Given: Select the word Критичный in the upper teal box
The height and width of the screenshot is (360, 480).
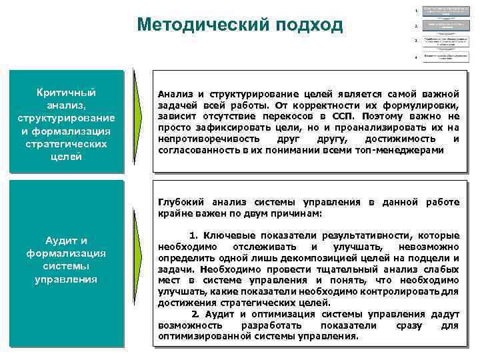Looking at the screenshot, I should point(67,91).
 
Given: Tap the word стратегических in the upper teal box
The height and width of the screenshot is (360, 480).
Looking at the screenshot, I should point(67,143).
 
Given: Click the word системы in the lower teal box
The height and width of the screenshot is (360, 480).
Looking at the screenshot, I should point(67,266).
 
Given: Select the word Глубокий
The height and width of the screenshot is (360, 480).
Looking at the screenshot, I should point(181,201).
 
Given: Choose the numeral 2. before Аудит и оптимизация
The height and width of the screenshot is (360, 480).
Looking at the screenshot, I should point(195,313).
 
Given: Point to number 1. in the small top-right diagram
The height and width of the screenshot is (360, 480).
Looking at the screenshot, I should point(417,11).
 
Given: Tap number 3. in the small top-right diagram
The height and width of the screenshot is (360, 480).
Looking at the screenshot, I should point(417,41).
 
